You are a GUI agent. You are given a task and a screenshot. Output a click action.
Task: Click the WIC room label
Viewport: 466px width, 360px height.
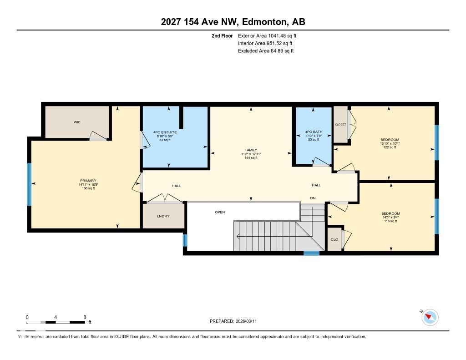77,122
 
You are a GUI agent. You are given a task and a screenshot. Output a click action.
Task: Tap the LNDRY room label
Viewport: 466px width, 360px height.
163,216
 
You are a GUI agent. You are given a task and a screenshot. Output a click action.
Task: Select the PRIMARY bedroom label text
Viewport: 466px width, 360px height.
88,181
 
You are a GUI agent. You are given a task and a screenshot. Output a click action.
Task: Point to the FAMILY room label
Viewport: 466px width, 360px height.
251,150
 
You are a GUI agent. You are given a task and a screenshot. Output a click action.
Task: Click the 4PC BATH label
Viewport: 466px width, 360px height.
314,132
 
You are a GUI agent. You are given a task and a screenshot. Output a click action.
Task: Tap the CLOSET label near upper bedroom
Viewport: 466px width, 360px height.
340,125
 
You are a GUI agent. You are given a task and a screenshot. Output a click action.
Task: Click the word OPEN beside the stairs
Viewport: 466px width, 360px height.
220,212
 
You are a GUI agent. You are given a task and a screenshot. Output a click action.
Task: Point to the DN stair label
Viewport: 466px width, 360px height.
313,198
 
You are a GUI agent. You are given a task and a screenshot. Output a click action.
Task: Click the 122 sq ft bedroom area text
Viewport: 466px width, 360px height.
389,147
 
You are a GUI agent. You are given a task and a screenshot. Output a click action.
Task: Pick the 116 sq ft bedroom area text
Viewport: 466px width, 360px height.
390,221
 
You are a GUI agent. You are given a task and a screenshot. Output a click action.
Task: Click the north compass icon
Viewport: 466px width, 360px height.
430,317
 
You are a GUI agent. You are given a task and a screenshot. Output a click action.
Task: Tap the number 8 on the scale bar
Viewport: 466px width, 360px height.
85,317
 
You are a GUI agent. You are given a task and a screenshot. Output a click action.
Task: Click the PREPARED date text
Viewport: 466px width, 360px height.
236,321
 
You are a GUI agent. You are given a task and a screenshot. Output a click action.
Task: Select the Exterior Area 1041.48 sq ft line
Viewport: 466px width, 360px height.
267,35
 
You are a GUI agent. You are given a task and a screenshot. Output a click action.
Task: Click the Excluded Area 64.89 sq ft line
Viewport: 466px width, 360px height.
266,51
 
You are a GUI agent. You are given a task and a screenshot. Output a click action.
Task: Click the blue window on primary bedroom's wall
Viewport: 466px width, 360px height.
29,184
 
